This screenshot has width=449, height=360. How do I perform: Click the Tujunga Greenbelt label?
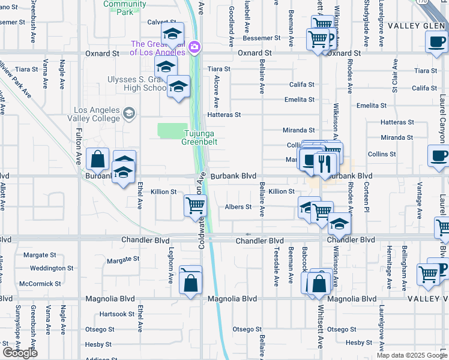tap(200, 137)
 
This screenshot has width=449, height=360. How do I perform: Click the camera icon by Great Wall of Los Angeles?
tap(194, 47)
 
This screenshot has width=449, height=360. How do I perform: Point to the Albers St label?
tap(238, 207)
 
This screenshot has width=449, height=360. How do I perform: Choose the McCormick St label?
tap(40, 284)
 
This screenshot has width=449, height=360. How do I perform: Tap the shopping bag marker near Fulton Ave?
tap(97, 160)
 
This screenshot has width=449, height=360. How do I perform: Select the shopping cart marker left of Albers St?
tap(195, 206)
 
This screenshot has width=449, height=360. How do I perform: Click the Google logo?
tap(20, 352)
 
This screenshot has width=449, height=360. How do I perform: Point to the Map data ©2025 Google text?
tap(412, 355)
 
